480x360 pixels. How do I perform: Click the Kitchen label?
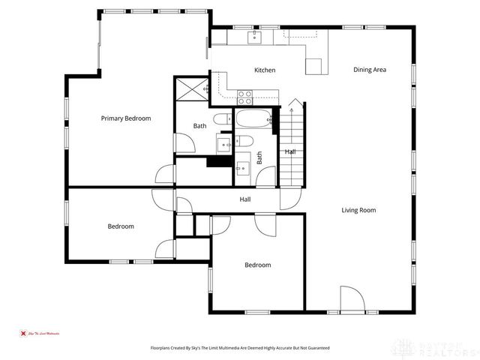264,70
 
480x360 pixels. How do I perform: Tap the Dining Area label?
370,70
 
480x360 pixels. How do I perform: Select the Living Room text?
358,210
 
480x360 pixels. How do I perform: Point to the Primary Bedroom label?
126,118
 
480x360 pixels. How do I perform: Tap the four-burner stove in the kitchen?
245,95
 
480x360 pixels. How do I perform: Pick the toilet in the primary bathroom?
222,119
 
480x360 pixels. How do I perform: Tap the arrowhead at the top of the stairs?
292,100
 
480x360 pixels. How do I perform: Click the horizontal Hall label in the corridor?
244,199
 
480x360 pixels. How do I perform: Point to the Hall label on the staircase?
290,152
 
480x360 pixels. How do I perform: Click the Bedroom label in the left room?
120,226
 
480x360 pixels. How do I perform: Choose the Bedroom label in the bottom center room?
257,265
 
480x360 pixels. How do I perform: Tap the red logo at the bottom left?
22,333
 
